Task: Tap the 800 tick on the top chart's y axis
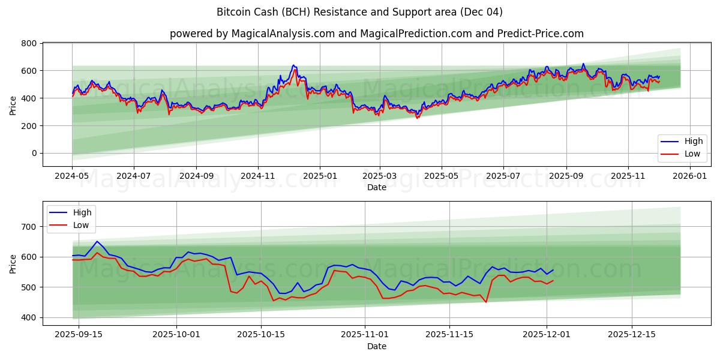pos(29,43)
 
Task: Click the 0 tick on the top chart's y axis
pos(34,154)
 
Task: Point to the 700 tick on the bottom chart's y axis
pos(29,227)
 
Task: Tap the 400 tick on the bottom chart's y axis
pos(29,317)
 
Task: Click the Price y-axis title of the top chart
pos(13,104)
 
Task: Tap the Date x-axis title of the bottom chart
pos(376,346)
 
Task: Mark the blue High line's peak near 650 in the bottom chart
pos(97,241)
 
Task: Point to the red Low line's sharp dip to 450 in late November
pos(486,302)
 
